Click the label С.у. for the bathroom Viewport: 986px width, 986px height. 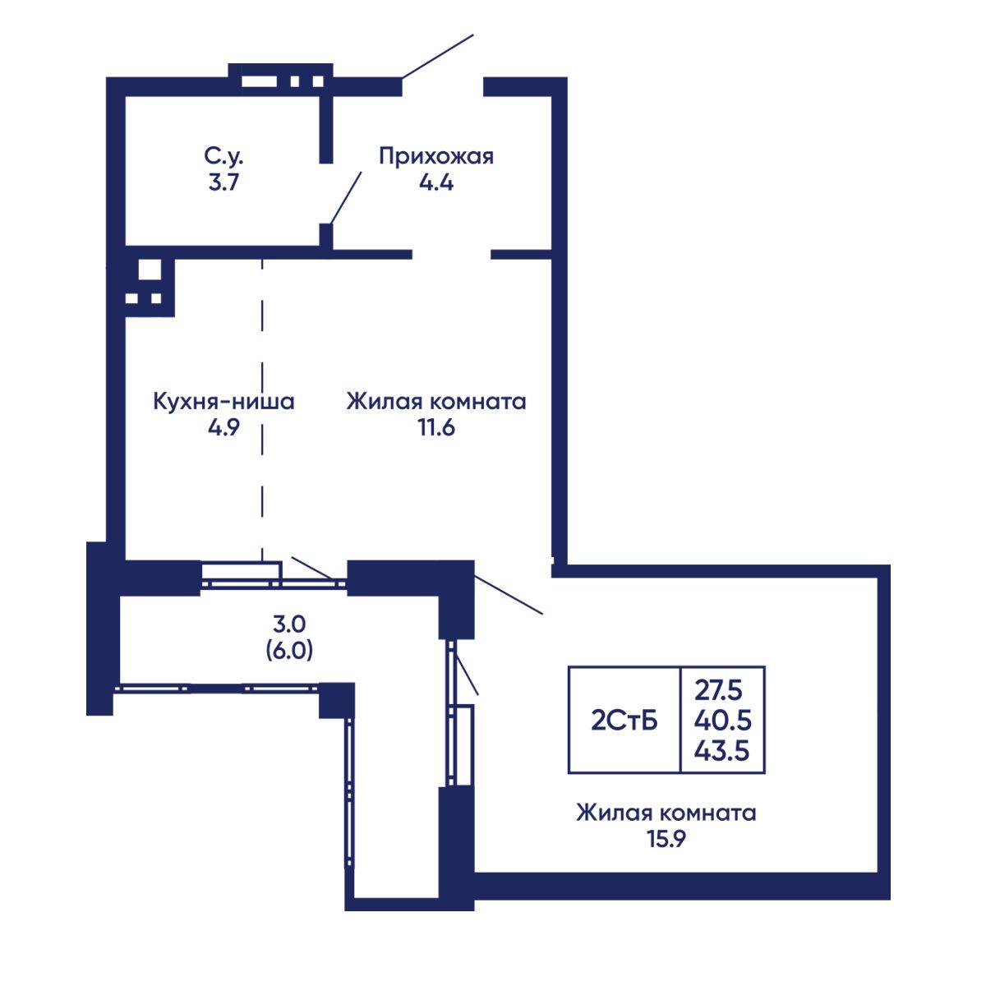click(x=223, y=157)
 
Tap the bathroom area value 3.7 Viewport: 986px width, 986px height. click(x=223, y=182)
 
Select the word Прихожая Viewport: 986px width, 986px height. click(x=436, y=157)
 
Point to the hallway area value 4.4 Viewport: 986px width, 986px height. click(x=436, y=182)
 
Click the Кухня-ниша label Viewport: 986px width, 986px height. click(x=223, y=402)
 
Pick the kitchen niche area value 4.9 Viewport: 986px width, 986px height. click(x=223, y=428)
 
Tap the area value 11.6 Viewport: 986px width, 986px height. click(x=436, y=428)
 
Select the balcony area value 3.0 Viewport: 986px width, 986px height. click(x=289, y=624)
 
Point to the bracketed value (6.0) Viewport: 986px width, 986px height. click(x=289, y=651)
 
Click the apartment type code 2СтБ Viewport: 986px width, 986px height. click(x=624, y=721)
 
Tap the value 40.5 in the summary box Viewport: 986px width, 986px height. click(x=722, y=721)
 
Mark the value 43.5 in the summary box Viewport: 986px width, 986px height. click(x=721, y=752)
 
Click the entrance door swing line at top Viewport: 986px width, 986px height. click(x=437, y=57)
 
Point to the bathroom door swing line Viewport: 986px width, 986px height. click(x=346, y=197)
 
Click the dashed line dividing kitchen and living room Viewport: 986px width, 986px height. click(x=262, y=409)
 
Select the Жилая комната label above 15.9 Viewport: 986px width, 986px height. click(x=666, y=813)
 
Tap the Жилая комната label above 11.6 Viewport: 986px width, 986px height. click(x=436, y=402)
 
